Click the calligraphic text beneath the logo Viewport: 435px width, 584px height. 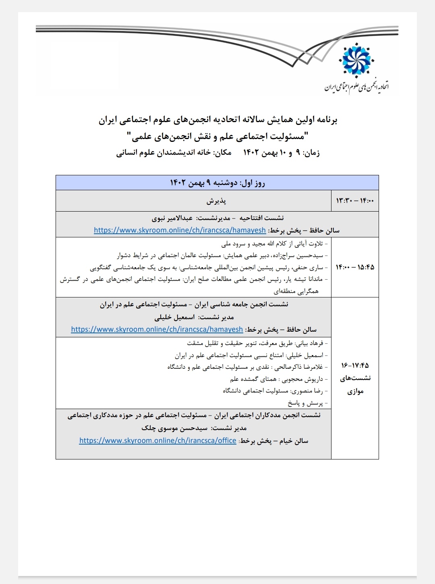[x=357, y=86]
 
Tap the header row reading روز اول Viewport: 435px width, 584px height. [x=217, y=183]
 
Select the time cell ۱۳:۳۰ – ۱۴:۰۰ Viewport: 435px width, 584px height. [x=355, y=201]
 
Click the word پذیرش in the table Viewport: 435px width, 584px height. [x=217, y=201]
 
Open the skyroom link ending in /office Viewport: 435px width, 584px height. [x=157, y=441]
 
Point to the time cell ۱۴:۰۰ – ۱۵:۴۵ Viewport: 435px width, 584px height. [x=355, y=267]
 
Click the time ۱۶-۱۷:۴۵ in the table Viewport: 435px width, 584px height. [x=355, y=366]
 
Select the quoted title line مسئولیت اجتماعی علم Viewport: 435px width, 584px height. [x=217, y=137]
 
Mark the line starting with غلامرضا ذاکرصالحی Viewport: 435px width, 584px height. [x=247, y=367]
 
